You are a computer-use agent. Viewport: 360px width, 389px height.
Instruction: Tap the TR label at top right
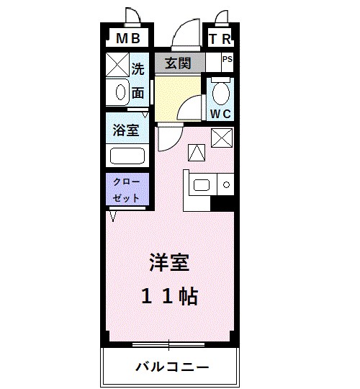220,38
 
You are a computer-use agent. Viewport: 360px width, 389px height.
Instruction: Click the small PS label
227,61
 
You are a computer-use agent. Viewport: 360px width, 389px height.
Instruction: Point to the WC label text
220,113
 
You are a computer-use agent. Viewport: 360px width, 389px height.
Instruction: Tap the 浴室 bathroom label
127,132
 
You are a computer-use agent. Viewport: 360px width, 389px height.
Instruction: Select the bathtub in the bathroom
127,155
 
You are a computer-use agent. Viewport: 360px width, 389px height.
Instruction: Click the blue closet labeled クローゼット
127,189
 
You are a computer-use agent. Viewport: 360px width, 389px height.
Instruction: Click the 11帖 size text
170,296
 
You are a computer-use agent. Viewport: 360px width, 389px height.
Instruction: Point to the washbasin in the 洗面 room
120,92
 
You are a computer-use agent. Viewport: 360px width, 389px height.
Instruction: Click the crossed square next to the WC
221,135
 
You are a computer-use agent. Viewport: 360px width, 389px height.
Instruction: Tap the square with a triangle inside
196,152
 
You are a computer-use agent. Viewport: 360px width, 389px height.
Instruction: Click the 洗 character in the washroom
138,70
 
